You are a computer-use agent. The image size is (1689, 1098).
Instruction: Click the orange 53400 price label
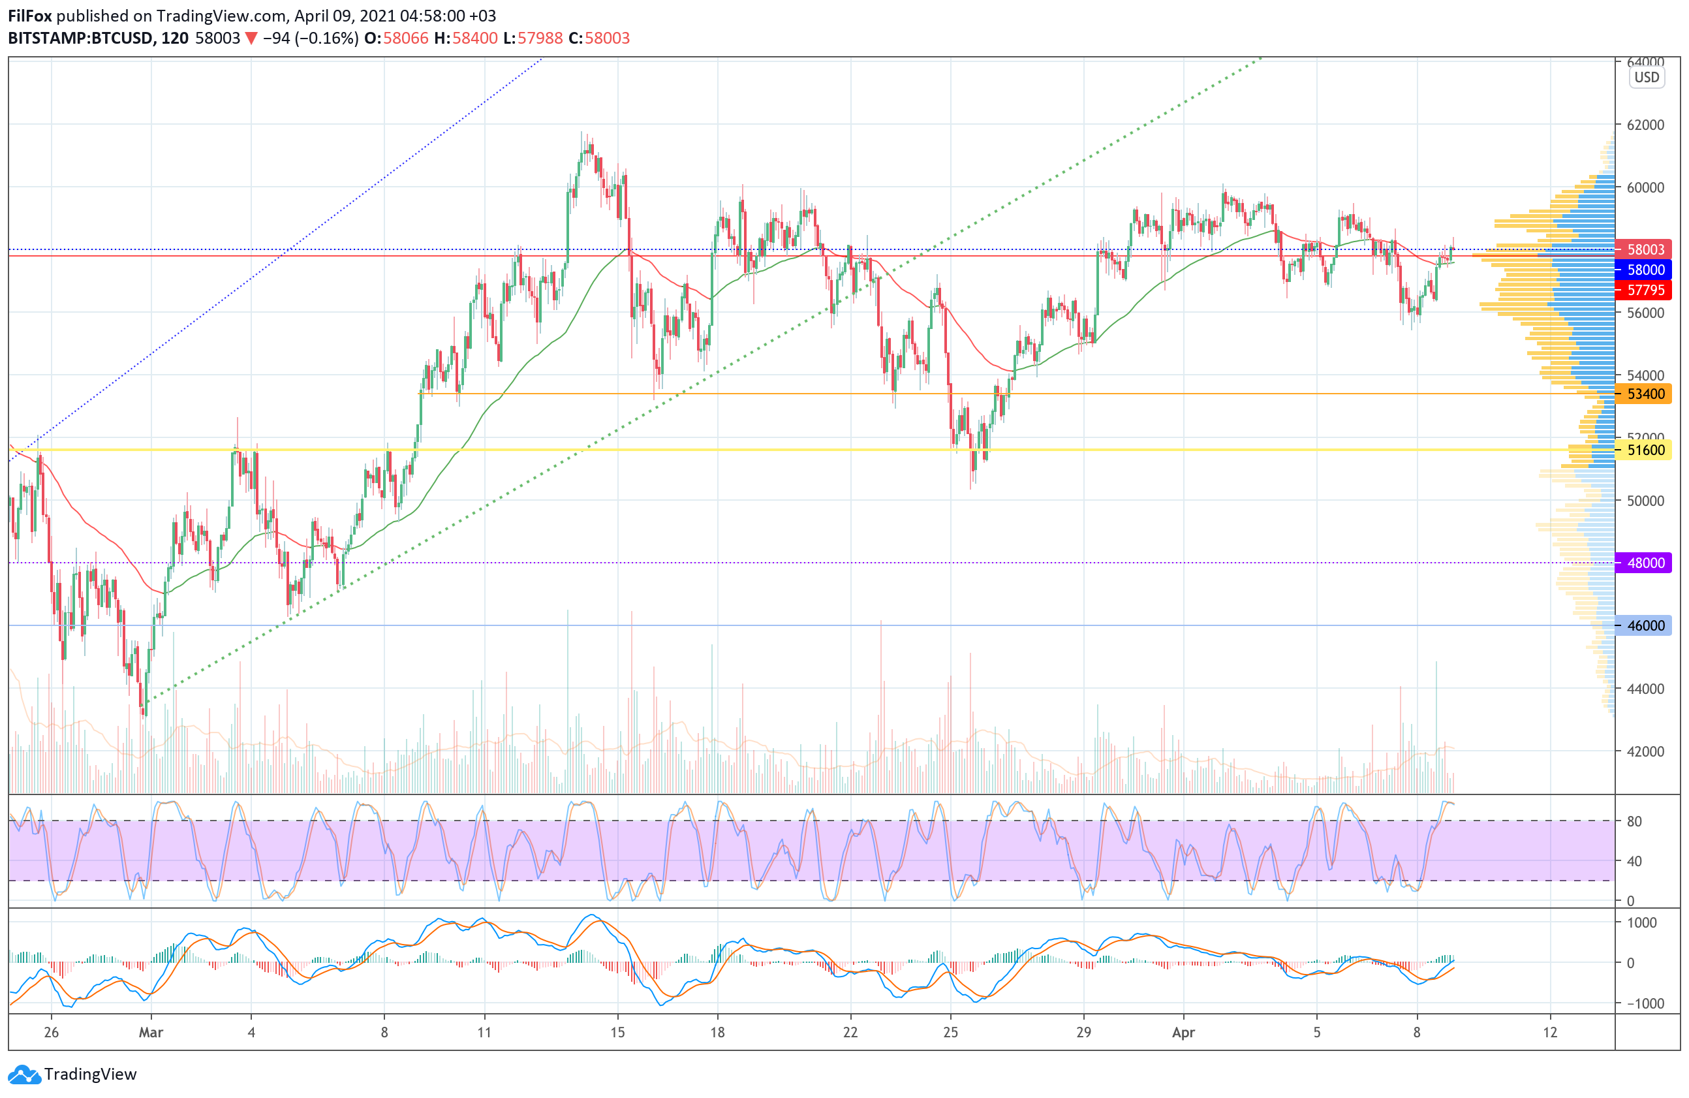click(x=1644, y=394)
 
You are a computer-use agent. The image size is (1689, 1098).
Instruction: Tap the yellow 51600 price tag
click(x=1644, y=450)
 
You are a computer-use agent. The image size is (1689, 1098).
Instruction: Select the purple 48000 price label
click(x=1644, y=563)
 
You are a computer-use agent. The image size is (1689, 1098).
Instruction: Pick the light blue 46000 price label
click(x=1644, y=625)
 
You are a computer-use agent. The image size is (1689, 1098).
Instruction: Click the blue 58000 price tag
click(x=1644, y=270)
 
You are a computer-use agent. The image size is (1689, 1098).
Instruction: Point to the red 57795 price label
click(x=1644, y=290)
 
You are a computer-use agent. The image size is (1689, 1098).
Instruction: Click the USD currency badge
click(x=1647, y=78)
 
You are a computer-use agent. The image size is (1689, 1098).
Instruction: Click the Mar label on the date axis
click(x=151, y=1033)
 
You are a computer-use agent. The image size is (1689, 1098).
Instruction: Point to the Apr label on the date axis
click(x=1183, y=1033)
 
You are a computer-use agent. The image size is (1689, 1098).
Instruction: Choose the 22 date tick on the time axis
click(x=850, y=1033)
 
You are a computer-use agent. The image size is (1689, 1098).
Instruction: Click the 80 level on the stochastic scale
click(x=1634, y=821)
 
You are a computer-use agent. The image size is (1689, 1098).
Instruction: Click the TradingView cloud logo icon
click(x=25, y=1074)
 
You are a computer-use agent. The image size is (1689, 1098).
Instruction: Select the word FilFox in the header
click(x=30, y=16)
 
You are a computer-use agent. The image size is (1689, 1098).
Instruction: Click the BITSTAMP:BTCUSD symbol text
click(x=80, y=39)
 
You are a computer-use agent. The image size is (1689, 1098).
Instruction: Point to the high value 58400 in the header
click(x=474, y=39)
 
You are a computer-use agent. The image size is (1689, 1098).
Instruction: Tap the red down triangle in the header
click(x=251, y=39)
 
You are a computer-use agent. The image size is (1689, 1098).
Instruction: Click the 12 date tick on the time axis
click(x=1550, y=1033)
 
